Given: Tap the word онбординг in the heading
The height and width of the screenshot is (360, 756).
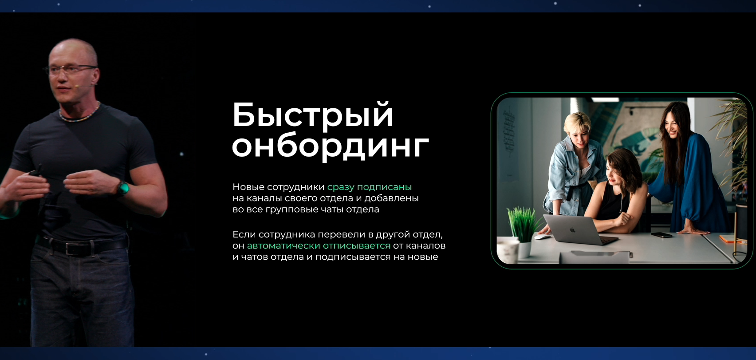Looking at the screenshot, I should pos(330,147).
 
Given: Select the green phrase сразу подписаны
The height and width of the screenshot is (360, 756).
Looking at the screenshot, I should pos(369,187).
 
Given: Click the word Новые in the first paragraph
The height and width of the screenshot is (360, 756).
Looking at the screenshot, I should pos(248,187).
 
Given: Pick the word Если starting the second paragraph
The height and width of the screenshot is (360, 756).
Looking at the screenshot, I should pos(244,234).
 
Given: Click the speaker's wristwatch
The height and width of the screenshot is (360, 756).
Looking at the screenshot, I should pos(123,188).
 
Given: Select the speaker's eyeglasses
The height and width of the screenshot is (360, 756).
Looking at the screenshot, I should pos(71,69).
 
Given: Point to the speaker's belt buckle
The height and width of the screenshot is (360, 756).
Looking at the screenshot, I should pos(71,248).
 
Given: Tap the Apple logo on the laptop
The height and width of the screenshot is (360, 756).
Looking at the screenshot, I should pos(572,229).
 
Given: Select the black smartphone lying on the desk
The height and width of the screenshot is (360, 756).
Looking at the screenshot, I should pos(661,235).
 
